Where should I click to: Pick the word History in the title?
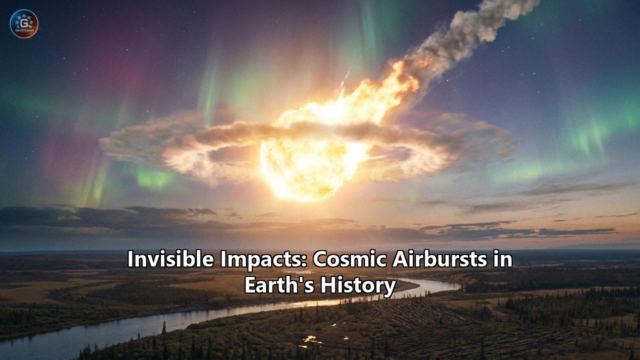click(x=358, y=285)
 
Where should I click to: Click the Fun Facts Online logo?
click(x=24, y=24)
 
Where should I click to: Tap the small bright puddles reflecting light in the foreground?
click(x=312, y=341)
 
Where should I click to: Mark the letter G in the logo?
click(x=24, y=22)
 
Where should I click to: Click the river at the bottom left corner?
click(x=30, y=345)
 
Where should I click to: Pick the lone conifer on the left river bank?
click(x=163, y=327)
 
